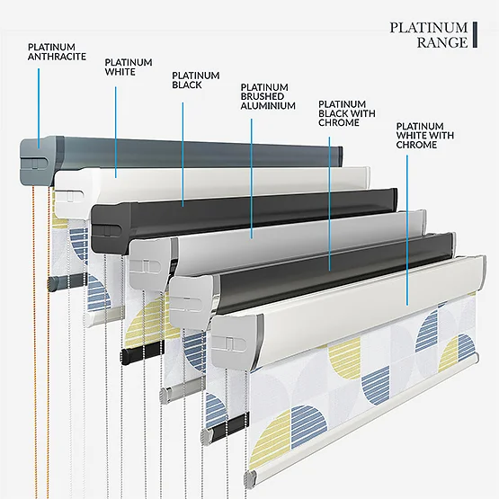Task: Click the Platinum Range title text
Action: tap(429, 35)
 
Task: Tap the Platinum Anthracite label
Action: tap(57, 52)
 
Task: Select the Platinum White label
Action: tap(129, 67)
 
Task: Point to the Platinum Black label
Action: tap(196, 80)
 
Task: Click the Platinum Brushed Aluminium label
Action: tap(268, 96)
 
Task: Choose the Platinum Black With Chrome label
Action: tap(347, 113)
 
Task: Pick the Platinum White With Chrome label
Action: tap(425, 135)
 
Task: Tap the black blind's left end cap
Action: tap(111, 227)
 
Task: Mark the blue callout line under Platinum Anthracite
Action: tap(39, 108)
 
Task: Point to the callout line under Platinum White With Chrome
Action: tap(407, 230)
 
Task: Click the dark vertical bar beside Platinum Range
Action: tap(475, 35)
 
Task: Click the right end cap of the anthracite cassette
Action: tap(340, 156)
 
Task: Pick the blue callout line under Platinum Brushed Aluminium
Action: tap(252, 179)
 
